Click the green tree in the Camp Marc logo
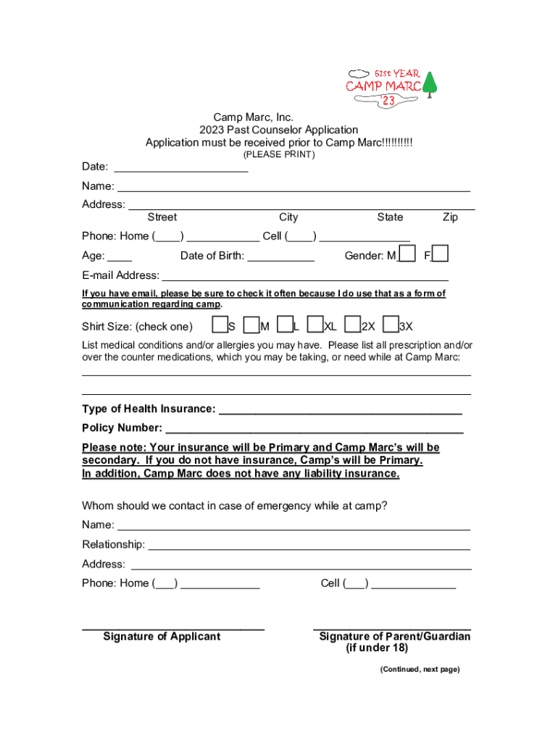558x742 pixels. (x=430, y=85)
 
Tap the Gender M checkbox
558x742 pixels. (x=407, y=254)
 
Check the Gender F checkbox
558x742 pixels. (x=441, y=254)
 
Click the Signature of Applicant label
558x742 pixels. (x=162, y=637)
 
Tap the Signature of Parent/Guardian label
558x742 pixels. (x=394, y=637)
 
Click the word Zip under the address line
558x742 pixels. (x=450, y=217)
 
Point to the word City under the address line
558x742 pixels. (x=288, y=217)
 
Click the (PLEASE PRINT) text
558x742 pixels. (x=279, y=155)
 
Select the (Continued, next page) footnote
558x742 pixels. (x=420, y=670)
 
